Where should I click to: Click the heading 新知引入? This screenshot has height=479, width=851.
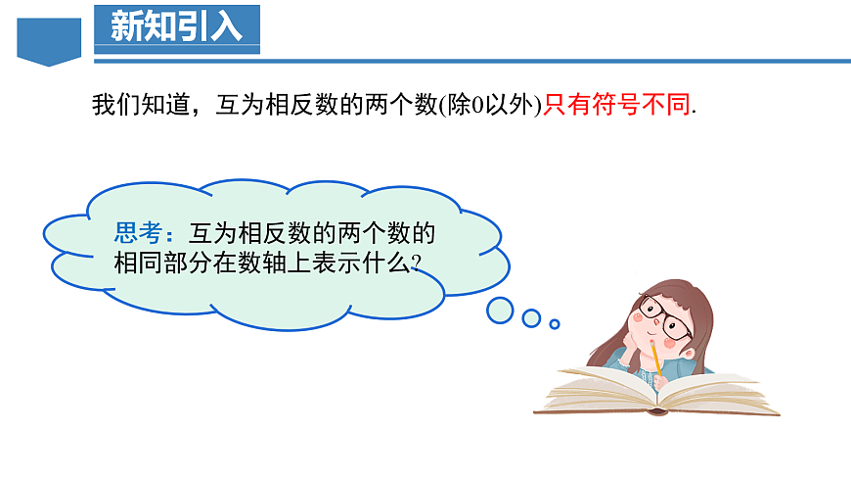[176, 26]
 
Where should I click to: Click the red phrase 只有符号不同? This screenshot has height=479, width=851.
[616, 105]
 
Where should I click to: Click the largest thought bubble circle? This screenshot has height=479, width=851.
[501, 311]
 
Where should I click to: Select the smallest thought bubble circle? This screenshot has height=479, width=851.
[555, 323]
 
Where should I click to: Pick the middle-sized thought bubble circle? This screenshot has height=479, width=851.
[531, 318]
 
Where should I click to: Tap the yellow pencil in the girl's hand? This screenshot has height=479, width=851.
[654, 358]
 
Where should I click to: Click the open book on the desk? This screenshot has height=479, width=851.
[655, 392]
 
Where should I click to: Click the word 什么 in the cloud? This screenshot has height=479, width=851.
[389, 263]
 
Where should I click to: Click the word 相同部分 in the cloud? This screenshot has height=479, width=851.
[159, 263]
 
